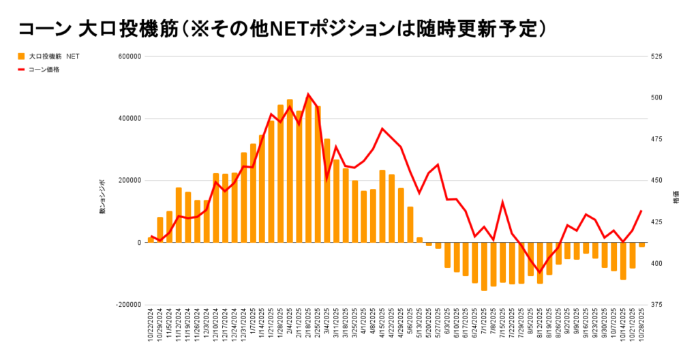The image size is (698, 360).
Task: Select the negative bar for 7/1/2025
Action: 484,267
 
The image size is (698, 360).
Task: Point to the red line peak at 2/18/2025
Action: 308,94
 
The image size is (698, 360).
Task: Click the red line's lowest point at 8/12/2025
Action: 540,272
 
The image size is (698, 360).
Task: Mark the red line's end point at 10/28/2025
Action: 641,211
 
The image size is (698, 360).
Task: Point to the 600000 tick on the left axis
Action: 129,57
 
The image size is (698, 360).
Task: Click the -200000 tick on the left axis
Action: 127,305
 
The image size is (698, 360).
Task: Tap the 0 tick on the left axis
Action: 138,243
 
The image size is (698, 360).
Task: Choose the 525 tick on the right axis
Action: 656,57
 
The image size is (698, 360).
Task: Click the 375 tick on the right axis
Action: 656,305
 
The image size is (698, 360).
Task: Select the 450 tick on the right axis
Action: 656,181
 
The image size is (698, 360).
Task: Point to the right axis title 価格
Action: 676,199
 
